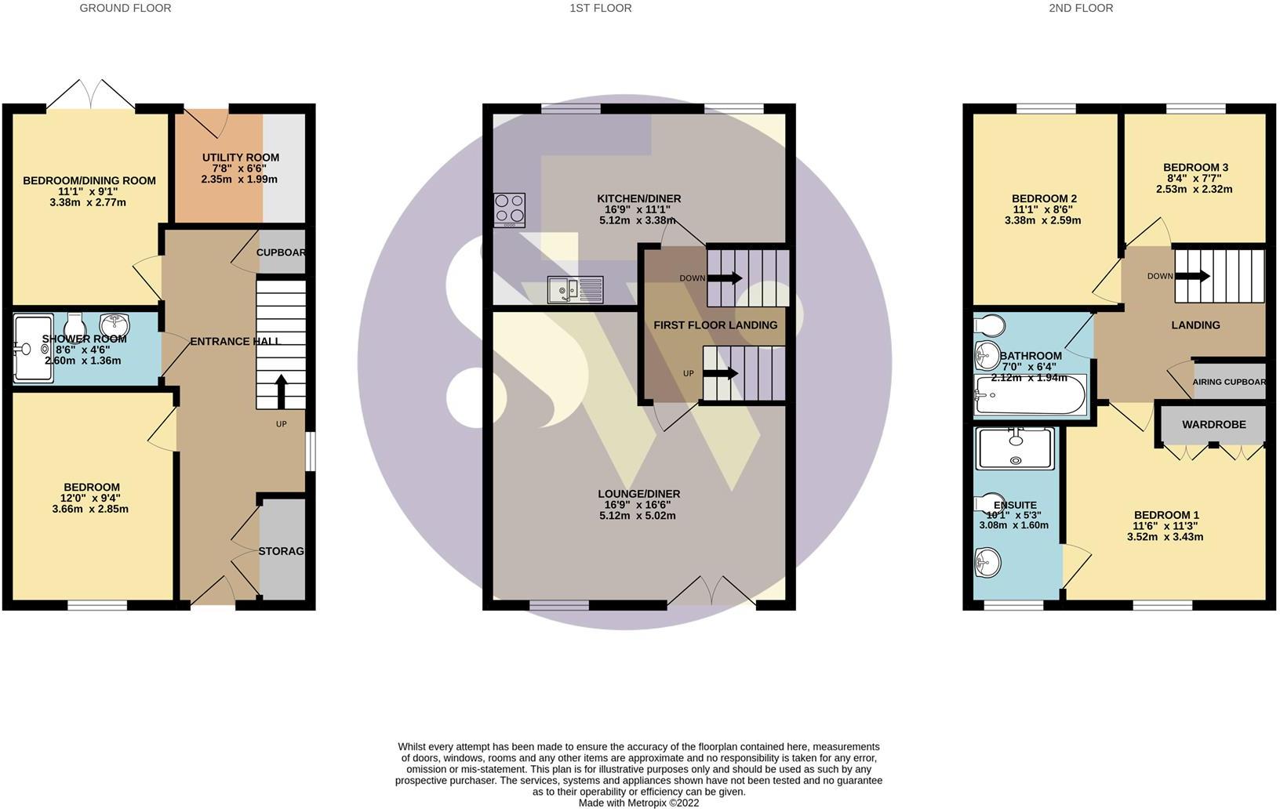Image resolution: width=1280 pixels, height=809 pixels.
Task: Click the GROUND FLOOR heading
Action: [125, 8]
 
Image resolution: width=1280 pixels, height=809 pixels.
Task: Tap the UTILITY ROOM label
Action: [241, 157]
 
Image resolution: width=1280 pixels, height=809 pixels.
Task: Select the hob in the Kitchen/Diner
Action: [509, 210]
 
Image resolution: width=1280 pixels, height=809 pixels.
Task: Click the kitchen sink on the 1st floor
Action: [575, 290]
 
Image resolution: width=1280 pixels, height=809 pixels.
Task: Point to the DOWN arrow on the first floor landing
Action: [725, 278]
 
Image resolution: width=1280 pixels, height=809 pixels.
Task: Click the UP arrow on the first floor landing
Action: [720, 374]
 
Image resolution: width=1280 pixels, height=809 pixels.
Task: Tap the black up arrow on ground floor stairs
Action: [281, 391]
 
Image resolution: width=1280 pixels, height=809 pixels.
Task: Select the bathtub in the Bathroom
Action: [1031, 394]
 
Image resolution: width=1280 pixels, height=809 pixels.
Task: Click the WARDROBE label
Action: [1213, 425]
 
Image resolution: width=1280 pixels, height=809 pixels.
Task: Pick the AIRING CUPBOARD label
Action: [1228, 382]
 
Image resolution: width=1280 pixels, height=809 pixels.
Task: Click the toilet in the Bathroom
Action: [990, 325]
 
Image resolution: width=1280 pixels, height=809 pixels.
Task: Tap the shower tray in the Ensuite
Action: [1015, 448]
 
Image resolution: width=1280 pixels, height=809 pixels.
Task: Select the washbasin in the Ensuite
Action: [987, 562]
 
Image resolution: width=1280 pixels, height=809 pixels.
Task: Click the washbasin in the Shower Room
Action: [115, 325]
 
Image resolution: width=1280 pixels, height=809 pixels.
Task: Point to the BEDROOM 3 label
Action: [1195, 168]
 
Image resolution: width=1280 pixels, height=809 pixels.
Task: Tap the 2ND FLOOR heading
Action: [1081, 8]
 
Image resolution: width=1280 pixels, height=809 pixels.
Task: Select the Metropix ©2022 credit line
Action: [638, 803]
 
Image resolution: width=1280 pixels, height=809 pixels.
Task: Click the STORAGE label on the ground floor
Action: [281, 551]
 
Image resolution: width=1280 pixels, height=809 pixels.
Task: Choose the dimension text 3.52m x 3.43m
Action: [1165, 536]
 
